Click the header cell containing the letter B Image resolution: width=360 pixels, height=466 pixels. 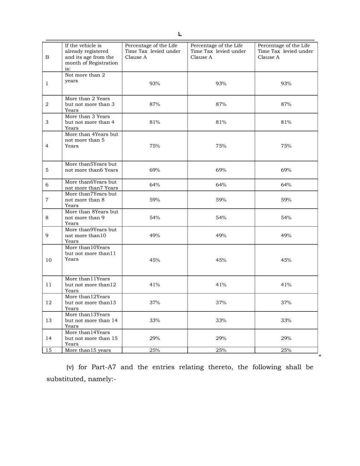click(x=47, y=57)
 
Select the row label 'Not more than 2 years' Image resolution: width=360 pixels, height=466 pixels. click(x=85, y=78)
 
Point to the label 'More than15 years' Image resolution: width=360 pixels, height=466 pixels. click(x=88, y=350)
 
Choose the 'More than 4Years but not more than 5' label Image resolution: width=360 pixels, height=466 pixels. click(x=91, y=140)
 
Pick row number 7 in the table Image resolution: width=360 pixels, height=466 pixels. click(x=47, y=200)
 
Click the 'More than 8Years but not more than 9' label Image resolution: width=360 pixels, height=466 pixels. click(x=91, y=218)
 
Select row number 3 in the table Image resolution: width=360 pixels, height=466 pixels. click(x=47, y=122)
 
